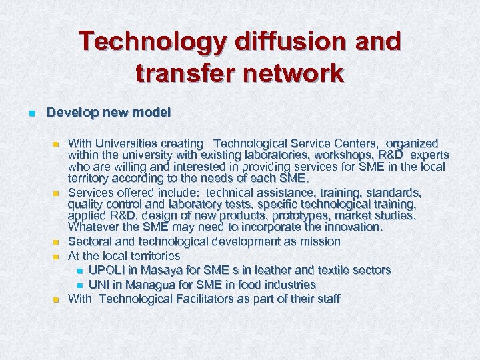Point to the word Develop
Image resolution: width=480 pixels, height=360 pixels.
69,113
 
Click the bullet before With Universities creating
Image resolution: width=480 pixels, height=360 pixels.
57,144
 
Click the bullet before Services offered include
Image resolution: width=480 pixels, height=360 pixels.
57,193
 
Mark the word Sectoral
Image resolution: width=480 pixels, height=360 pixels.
91,241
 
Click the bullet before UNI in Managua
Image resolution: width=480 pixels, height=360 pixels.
79,285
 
